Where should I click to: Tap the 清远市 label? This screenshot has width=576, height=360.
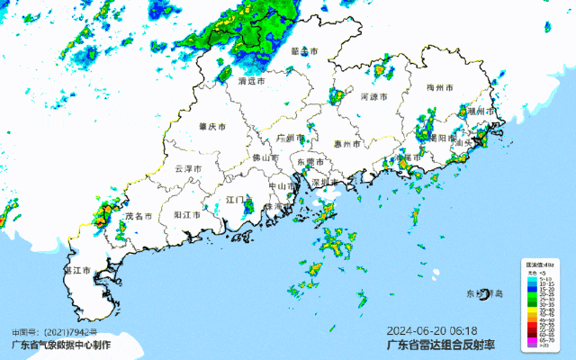[252, 81]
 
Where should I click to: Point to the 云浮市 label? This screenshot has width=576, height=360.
[188, 168]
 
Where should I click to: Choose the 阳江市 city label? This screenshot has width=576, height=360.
[186, 215]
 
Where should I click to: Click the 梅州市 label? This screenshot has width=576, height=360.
[440, 87]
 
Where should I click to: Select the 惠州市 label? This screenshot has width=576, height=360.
[346, 144]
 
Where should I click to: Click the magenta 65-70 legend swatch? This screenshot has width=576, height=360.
[532, 340]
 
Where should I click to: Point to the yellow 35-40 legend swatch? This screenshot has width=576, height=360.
[532, 309]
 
